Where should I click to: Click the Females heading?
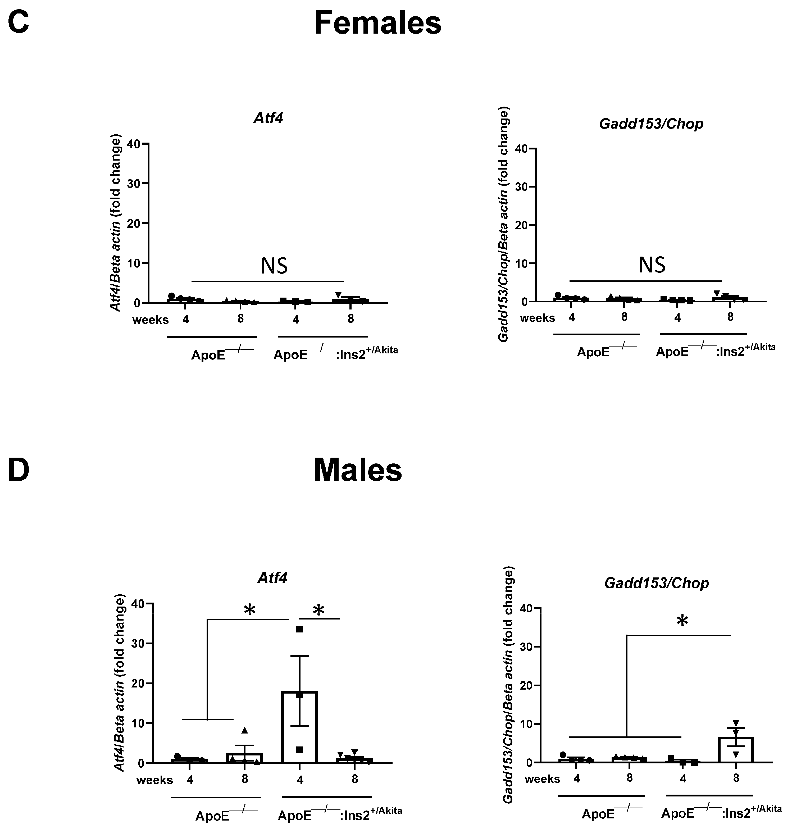tap(377, 23)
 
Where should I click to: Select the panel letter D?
tap(19, 470)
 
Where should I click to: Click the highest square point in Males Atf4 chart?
tap(299, 629)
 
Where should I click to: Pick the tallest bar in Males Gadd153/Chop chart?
tap(736, 749)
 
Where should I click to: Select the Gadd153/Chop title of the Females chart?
tap(651, 124)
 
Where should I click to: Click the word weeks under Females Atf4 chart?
tap(150, 320)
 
